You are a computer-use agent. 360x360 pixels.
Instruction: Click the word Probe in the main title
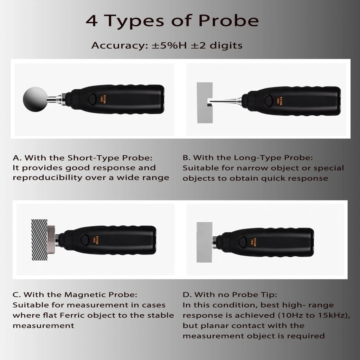coord(229,21)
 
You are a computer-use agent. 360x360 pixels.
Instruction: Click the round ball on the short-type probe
coord(36,99)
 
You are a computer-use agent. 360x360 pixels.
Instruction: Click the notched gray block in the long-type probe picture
coord(205,103)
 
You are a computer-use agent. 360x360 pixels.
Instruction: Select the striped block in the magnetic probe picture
coord(39,240)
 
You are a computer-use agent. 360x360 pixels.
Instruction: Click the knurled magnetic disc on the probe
coord(51,240)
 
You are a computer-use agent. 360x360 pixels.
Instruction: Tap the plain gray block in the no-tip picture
coord(204,242)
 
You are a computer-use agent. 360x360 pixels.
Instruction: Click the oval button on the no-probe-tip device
coord(243,242)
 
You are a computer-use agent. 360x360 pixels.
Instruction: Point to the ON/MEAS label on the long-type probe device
coord(279,101)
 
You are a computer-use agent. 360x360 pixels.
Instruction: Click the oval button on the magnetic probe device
coord(85,240)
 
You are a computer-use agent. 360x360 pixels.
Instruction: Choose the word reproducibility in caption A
coord(47,178)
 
